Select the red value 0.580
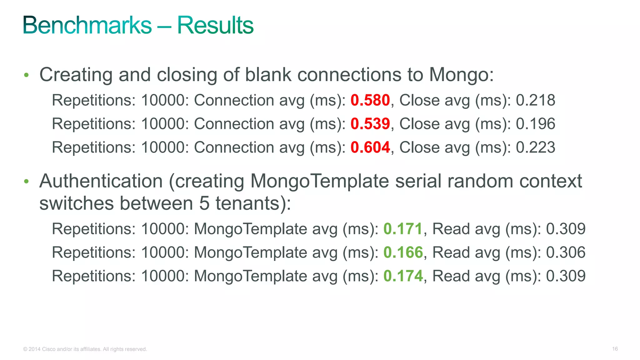click(370, 100)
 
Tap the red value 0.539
click(370, 124)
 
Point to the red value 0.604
click(370, 147)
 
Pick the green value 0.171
click(403, 229)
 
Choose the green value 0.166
click(403, 252)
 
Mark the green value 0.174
click(403, 276)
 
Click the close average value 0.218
click(535, 100)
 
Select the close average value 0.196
click(535, 124)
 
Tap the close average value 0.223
click(535, 147)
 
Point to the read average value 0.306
click(566, 252)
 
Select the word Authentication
click(101, 181)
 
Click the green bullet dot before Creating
click(27, 75)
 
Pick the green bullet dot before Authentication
click(27, 181)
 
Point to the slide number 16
click(615, 349)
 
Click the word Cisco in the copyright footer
click(48, 349)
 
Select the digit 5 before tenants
click(204, 203)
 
